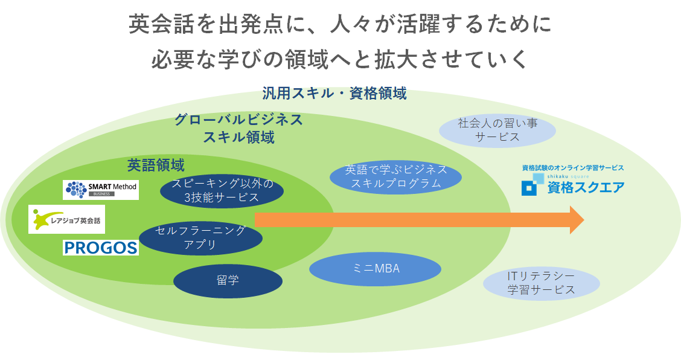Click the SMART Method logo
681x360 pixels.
point(101,190)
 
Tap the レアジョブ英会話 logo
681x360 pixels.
point(67,219)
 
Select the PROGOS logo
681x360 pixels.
point(100,247)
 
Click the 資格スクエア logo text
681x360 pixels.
point(585,188)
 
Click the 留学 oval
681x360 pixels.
point(228,281)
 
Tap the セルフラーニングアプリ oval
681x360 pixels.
point(200,237)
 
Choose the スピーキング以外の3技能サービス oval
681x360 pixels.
point(222,190)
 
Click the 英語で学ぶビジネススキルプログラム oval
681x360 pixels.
point(396,176)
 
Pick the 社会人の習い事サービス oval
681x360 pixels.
point(497,130)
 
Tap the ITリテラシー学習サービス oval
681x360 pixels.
point(541,283)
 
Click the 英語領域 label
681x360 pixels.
point(156,165)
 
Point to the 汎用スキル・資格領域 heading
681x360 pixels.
point(334,94)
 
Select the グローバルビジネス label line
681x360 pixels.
point(238,120)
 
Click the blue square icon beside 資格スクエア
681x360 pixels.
point(529,188)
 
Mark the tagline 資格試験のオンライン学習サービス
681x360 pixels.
point(572,168)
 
